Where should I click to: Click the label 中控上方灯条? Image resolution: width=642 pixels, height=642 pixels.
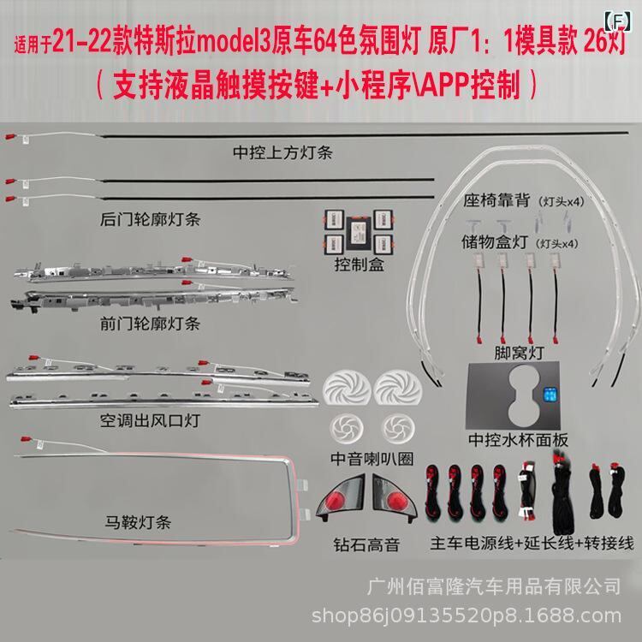point(282,154)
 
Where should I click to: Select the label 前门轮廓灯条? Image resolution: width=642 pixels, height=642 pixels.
point(150,324)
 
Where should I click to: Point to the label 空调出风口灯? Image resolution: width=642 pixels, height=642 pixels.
point(150,422)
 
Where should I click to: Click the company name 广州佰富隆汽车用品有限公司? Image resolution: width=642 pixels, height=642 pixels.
point(493,586)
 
